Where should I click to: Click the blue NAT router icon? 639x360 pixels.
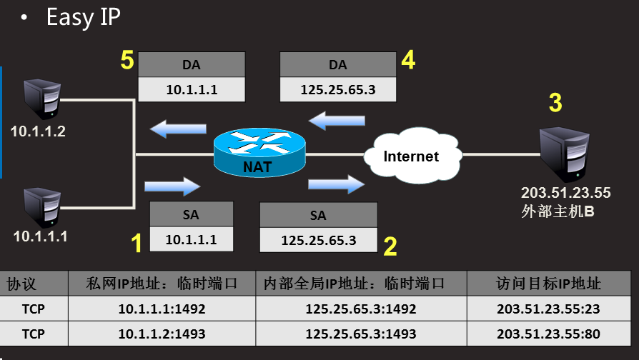point(259,152)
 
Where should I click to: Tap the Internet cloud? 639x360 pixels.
point(411,156)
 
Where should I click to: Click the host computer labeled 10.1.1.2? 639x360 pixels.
point(42,100)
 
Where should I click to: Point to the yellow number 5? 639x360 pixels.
point(127,61)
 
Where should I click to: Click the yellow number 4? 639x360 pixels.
point(407,61)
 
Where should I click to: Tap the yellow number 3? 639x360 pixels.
point(555,103)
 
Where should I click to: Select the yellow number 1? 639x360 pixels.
point(136,244)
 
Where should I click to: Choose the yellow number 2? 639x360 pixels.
point(390,246)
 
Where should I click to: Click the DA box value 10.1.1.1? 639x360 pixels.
point(191,90)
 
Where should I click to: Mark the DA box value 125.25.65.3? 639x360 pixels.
point(338,90)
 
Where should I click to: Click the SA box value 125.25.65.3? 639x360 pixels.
point(319,240)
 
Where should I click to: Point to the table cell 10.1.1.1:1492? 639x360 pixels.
point(162,309)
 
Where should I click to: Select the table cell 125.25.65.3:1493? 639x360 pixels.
point(360,334)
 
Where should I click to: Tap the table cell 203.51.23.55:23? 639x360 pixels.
point(548,309)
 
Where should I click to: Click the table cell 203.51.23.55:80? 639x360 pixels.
point(548,334)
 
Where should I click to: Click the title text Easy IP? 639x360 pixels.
point(83,17)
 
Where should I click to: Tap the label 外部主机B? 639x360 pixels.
point(558,211)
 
